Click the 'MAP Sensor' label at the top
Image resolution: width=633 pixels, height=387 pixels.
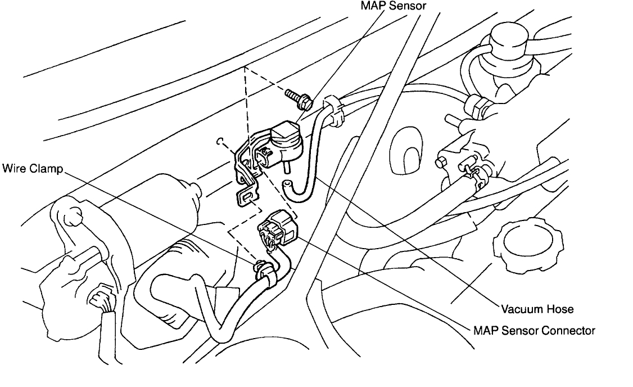tap(393, 7)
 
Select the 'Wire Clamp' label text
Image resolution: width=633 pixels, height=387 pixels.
tap(32, 169)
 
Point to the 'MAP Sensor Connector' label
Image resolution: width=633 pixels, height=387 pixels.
tap(534, 330)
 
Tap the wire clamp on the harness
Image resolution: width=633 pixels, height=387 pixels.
tap(264, 269)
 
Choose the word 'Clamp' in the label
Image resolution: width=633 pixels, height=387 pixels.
tap(48, 169)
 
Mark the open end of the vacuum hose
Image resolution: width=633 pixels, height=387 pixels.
tap(289, 184)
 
